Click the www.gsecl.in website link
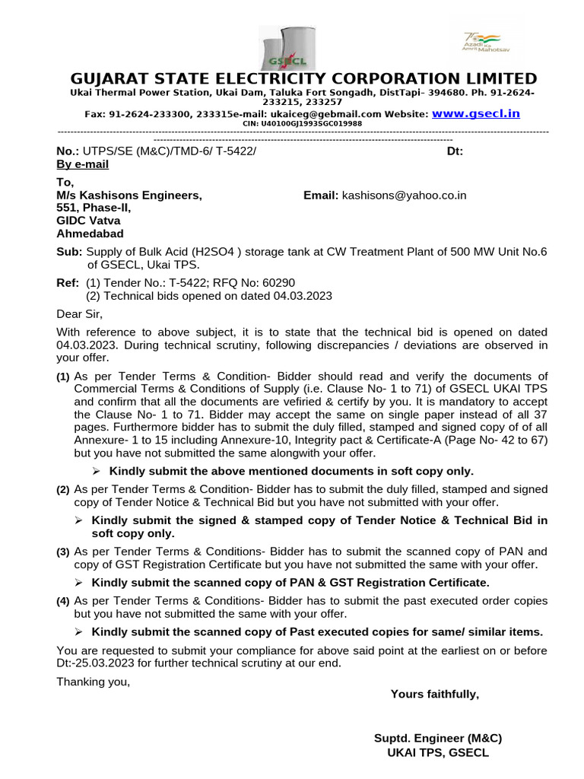476,113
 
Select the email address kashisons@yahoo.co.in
404,196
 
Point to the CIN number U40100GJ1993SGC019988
302,123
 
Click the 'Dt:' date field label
455,151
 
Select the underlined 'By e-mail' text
83,164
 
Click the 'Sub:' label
70,253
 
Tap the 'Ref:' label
68,283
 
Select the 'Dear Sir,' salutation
79,313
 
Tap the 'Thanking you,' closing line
94,681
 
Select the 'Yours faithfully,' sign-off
434,694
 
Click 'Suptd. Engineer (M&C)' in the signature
438,738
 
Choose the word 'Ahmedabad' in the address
90,234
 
